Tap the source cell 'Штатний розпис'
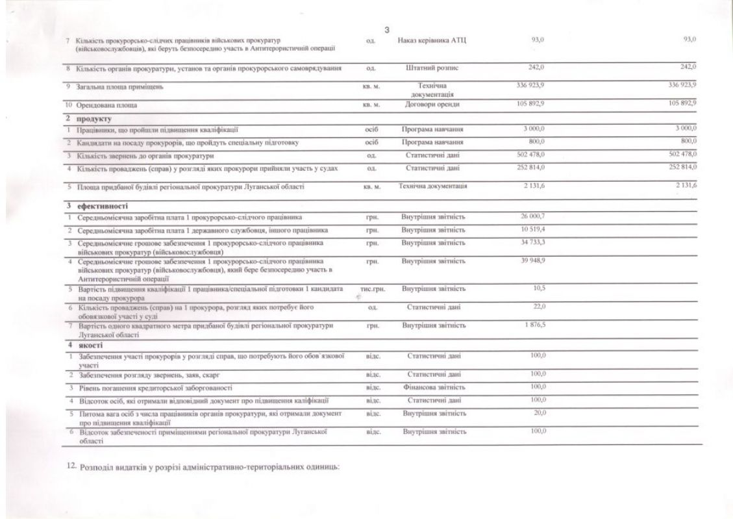(432, 68)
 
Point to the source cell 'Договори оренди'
(432, 104)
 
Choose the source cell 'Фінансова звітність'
(433, 387)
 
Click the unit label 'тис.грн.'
(372, 287)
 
